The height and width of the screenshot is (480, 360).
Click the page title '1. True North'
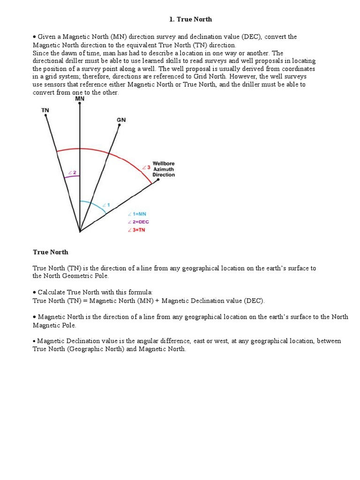pyautogui.click(x=190, y=19)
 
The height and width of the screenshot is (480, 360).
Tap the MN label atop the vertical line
pyautogui.click(x=80, y=99)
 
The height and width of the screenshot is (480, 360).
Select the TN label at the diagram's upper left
pyautogui.click(x=45, y=110)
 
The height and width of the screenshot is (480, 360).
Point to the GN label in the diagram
pyautogui.click(x=121, y=120)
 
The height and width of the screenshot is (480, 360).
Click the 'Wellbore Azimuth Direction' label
pyautogui.click(x=164, y=169)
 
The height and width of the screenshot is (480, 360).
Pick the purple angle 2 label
pyautogui.click(x=72, y=172)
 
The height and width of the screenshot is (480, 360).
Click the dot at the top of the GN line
pyautogui.click(x=120, y=126)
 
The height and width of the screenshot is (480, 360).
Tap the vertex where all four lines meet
pyautogui.click(x=80, y=231)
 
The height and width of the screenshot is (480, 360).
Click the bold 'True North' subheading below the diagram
pyautogui.click(x=50, y=252)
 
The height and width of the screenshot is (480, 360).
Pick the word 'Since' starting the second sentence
pyautogui.click(x=41, y=53)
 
